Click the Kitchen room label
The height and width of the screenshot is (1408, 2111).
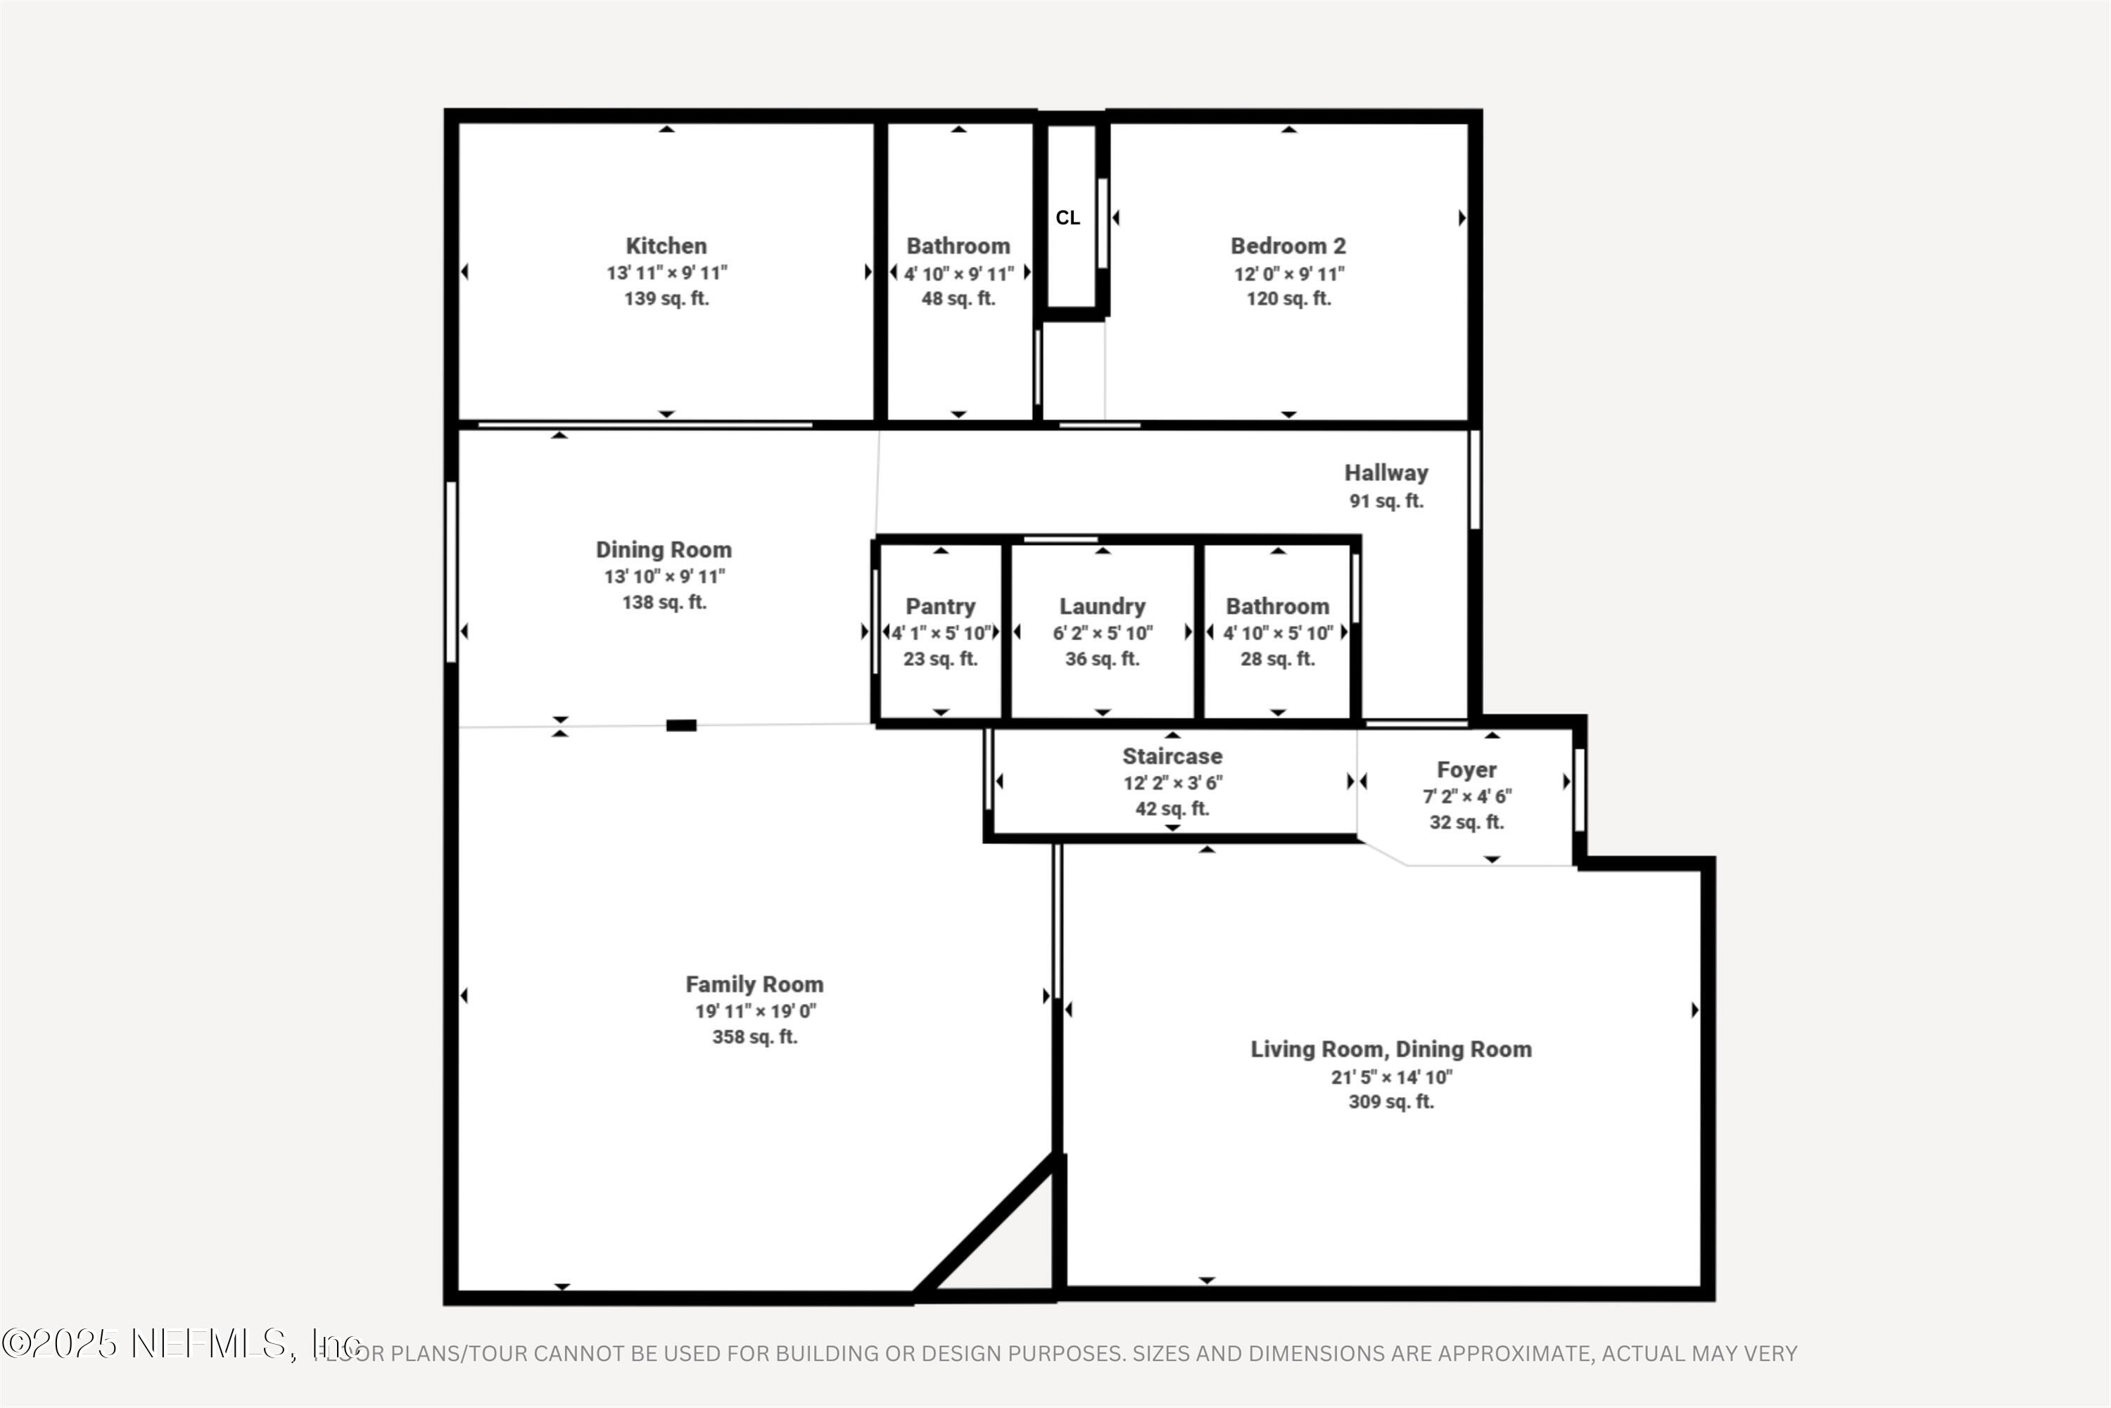(666, 245)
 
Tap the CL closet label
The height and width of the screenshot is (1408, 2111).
(1067, 218)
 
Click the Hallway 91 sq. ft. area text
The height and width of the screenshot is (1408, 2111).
(1386, 501)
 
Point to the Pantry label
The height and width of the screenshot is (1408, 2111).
(939, 606)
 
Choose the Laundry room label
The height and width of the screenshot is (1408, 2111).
(1102, 606)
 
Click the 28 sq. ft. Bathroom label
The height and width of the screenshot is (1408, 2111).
(1277, 606)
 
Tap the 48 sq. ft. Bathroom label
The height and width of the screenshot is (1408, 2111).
(958, 245)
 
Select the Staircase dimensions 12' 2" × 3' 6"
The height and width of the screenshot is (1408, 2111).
(1172, 783)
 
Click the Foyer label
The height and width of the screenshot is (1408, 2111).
(1466, 769)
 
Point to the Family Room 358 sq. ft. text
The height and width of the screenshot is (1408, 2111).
(754, 1037)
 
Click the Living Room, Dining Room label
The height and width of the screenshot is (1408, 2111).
(1390, 1049)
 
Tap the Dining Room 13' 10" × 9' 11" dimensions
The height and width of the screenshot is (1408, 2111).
(664, 577)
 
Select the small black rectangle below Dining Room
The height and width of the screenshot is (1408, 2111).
(681, 726)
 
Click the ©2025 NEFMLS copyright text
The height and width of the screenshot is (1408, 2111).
(179, 1344)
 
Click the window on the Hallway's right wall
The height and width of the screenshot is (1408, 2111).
(1473, 480)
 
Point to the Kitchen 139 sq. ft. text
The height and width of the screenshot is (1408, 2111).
(666, 299)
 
